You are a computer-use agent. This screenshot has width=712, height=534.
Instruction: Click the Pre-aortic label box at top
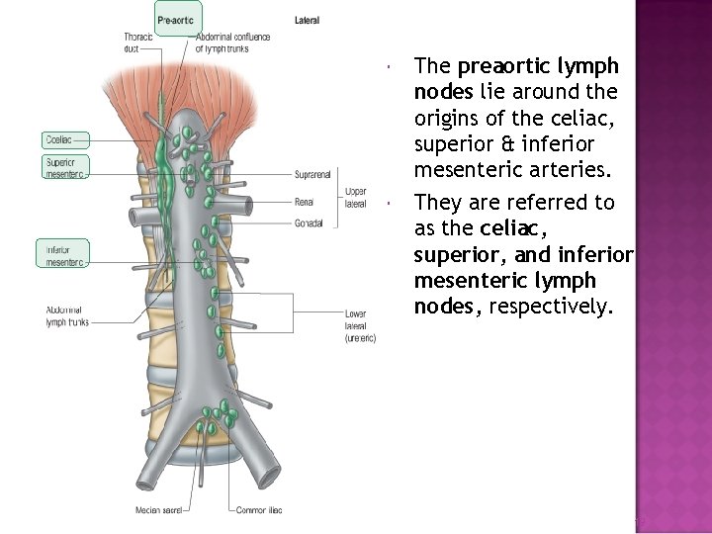coord(179,19)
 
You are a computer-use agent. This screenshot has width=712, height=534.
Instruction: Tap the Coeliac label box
coord(62,140)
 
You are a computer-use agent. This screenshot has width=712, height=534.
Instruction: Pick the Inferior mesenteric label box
coord(62,255)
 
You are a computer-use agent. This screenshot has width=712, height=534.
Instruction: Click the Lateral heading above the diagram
coord(307,20)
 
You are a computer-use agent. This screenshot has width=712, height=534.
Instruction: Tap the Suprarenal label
coord(314,175)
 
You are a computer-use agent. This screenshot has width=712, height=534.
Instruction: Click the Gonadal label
coord(309,223)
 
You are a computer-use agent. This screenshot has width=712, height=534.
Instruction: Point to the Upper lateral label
coord(355,197)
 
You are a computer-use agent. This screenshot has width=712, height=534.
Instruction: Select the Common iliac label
coord(260,510)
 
